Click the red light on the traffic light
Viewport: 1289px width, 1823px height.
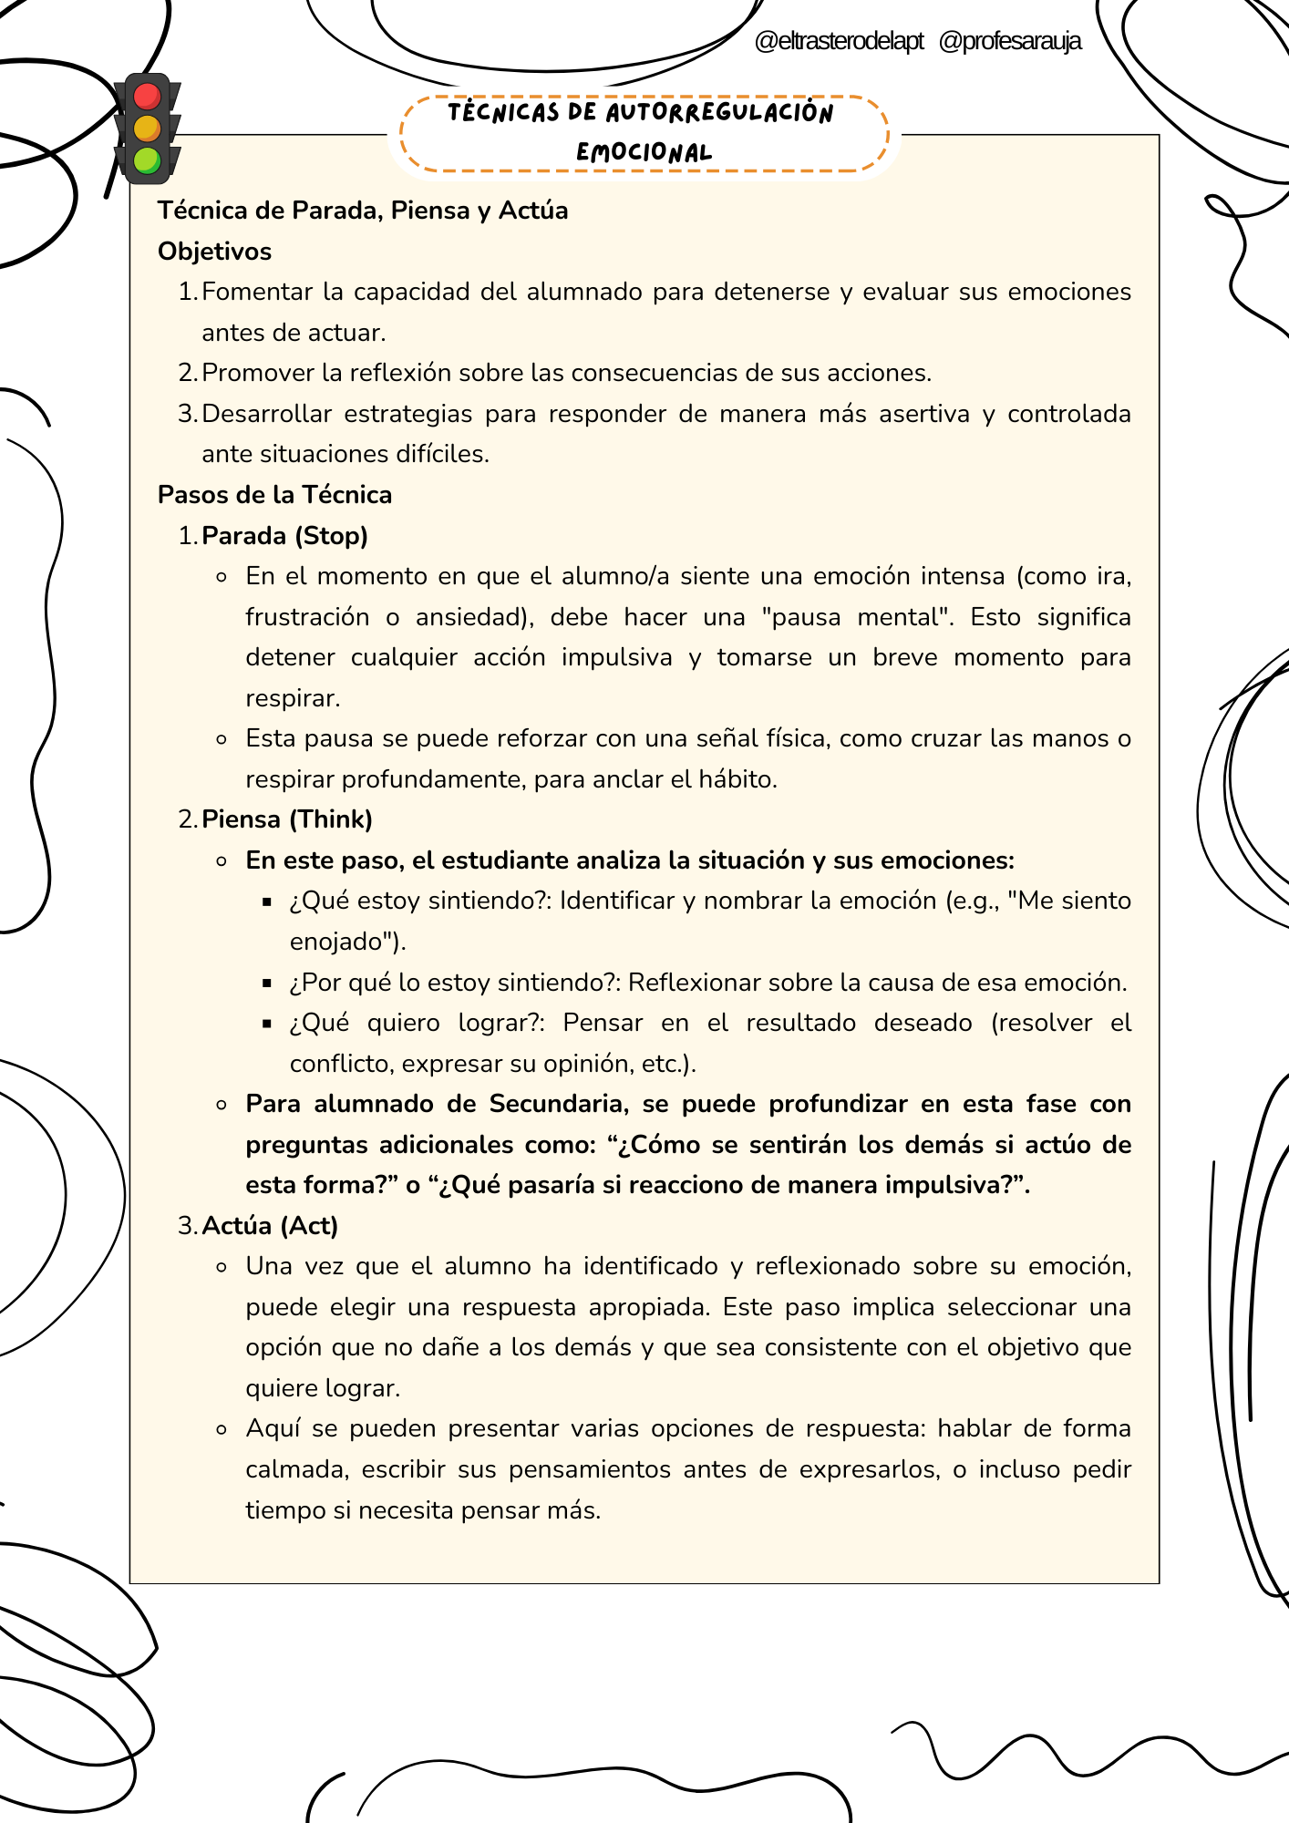(147, 96)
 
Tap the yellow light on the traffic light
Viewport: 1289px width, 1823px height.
(147, 129)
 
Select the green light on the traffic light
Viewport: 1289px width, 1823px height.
(147, 161)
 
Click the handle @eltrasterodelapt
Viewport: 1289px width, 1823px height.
(839, 41)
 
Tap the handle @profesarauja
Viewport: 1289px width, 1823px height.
(1009, 41)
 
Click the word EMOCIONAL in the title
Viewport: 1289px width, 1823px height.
(644, 152)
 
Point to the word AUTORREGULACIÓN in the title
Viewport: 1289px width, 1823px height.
(719, 113)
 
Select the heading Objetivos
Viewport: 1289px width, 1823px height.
(214, 252)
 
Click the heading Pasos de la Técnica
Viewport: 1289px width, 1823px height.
(274, 495)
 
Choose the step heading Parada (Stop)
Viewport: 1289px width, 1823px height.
(284, 536)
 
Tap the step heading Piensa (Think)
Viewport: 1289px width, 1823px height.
(287, 819)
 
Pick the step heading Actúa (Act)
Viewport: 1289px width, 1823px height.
(270, 1226)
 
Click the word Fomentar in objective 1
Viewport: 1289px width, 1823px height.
(259, 292)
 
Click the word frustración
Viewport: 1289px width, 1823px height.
(307, 617)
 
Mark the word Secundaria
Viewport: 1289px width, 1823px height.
(558, 1104)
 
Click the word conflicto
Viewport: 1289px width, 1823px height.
(341, 1064)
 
